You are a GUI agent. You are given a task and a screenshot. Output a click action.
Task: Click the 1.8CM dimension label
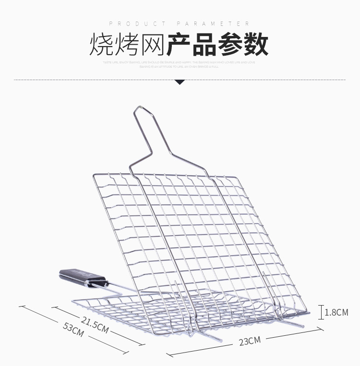(336, 313)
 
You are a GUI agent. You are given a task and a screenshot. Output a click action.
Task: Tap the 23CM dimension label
(250, 341)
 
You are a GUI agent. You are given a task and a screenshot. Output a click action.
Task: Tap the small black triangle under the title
(180, 82)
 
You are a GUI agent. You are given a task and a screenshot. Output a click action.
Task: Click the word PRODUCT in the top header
(137, 24)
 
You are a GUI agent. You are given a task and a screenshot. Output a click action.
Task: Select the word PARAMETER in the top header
(213, 24)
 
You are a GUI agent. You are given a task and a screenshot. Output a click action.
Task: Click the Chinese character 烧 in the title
(100, 45)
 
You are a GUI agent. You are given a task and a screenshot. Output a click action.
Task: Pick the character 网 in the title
(152, 45)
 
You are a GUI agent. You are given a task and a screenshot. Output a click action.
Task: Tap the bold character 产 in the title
(180, 45)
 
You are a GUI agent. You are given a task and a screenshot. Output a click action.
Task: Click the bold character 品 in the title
(205, 45)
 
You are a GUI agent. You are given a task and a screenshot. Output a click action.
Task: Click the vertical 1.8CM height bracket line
(321, 312)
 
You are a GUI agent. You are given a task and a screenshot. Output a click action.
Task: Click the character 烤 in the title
(126, 45)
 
